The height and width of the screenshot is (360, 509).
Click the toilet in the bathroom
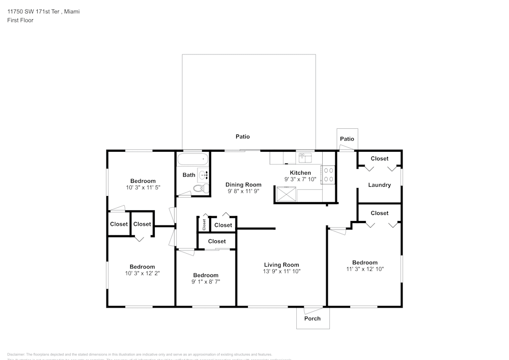(x=200, y=189)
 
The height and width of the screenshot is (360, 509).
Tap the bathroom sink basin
(x=204, y=175)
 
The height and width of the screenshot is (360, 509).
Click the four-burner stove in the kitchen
(x=328, y=175)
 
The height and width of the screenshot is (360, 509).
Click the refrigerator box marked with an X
(x=286, y=194)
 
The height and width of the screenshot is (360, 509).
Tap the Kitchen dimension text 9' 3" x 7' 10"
(x=300, y=179)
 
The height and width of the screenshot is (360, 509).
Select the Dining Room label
(x=243, y=185)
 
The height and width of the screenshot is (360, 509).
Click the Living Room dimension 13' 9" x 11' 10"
(x=281, y=271)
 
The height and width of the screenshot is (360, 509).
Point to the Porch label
(x=313, y=318)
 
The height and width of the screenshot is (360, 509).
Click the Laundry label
(x=379, y=185)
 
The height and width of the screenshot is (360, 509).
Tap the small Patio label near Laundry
(x=347, y=139)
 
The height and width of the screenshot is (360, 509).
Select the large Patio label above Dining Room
(x=242, y=136)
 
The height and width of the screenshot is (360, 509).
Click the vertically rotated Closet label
(x=204, y=224)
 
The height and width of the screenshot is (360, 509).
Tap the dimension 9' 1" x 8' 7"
(x=206, y=282)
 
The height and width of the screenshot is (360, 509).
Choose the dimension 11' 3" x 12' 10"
(x=365, y=269)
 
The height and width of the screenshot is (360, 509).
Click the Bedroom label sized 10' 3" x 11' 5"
(x=143, y=181)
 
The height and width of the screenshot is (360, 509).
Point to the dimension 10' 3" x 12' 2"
(x=143, y=273)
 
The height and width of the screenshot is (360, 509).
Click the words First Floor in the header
(x=20, y=20)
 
